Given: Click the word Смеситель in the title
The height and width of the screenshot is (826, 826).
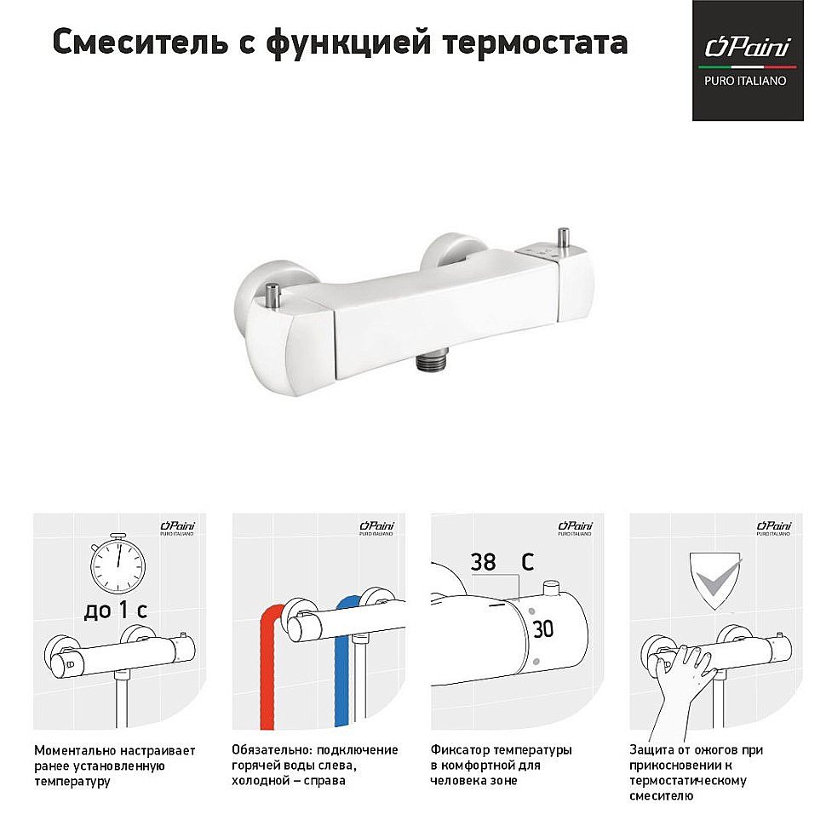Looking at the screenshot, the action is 141,42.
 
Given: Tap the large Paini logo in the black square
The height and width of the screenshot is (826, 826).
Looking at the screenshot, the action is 748,48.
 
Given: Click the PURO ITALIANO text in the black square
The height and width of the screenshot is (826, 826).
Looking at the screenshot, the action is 745,81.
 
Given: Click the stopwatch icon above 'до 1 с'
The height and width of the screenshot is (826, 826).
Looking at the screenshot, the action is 118,563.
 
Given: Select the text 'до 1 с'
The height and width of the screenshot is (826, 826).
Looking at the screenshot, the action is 116,611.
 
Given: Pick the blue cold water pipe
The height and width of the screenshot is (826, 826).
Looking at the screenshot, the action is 343,663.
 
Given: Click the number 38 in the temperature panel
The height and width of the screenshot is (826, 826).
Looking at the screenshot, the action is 483,562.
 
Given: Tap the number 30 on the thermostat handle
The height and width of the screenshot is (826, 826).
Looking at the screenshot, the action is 543,629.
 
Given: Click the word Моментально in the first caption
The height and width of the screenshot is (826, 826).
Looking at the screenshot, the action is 74,751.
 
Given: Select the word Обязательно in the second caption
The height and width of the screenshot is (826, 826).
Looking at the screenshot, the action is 271,750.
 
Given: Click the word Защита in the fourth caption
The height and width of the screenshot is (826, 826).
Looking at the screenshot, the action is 651,750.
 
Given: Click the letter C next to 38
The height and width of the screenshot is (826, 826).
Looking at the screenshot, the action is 527,562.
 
